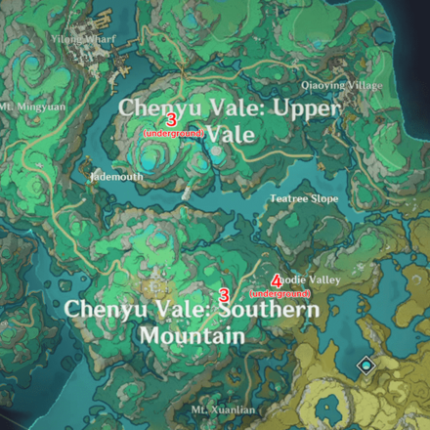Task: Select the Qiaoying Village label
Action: (x=341, y=85)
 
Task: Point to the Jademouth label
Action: (x=115, y=178)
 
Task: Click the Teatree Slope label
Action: (x=298, y=198)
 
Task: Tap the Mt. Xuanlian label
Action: (x=223, y=409)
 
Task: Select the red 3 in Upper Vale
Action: (x=172, y=118)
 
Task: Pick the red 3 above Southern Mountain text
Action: (x=224, y=294)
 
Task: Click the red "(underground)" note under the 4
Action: (x=280, y=293)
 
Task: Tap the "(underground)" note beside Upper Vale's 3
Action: (x=173, y=132)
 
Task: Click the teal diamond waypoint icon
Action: (x=365, y=365)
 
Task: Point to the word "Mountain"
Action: (x=192, y=335)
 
